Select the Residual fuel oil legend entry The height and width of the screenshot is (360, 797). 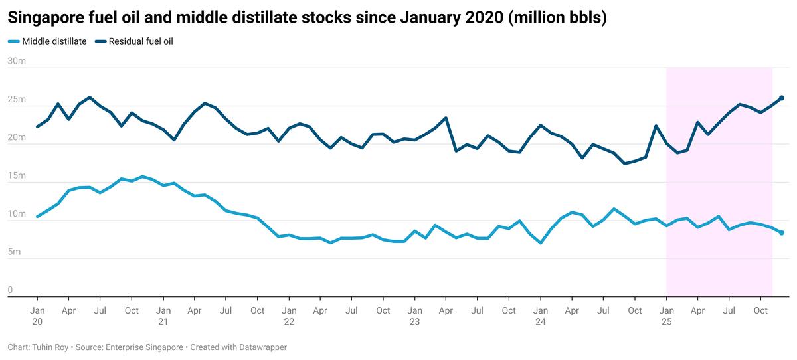[140, 41]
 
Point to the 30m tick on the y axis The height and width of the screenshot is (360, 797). [16, 61]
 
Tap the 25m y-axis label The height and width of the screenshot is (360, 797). [16, 100]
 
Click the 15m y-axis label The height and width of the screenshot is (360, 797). [16, 176]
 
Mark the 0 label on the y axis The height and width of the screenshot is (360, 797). [10, 290]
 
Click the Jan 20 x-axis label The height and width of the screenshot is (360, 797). [37, 315]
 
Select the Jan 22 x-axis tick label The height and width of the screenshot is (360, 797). [289, 315]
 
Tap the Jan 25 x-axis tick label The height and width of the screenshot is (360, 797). [666, 315]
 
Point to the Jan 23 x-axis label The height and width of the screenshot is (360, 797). [414, 315]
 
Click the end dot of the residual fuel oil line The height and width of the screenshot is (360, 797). [782, 98]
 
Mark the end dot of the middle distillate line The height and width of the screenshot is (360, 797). [782, 232]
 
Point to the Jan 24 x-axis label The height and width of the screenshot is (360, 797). [541, 315]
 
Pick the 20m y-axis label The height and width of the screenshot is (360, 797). [16, 137]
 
